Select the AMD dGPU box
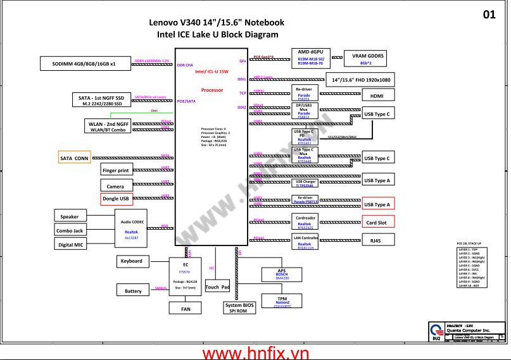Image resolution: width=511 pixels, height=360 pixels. point(310,57)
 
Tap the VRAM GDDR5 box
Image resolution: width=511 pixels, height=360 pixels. point(368,59)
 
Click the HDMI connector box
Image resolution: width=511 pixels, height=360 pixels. point(377,96)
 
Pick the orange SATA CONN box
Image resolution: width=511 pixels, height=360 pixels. point(74,158)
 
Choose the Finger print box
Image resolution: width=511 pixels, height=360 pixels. point(115,170)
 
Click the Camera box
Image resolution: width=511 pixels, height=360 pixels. point(115,186)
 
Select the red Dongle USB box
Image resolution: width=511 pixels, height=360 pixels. point(115,199)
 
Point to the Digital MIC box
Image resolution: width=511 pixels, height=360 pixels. point(71,245)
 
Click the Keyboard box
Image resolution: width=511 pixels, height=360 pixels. point(131,261)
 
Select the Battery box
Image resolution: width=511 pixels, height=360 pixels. point(133,291)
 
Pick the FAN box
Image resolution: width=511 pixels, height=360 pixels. point(186,309)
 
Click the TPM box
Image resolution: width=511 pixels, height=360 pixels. point(282,301)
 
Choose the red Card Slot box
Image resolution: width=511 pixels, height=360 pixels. point(377,222)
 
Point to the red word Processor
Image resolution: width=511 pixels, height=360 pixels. point(211,90)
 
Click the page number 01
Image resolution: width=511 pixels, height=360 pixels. point(489,15)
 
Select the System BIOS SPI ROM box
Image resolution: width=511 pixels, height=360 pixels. point(240,308)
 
